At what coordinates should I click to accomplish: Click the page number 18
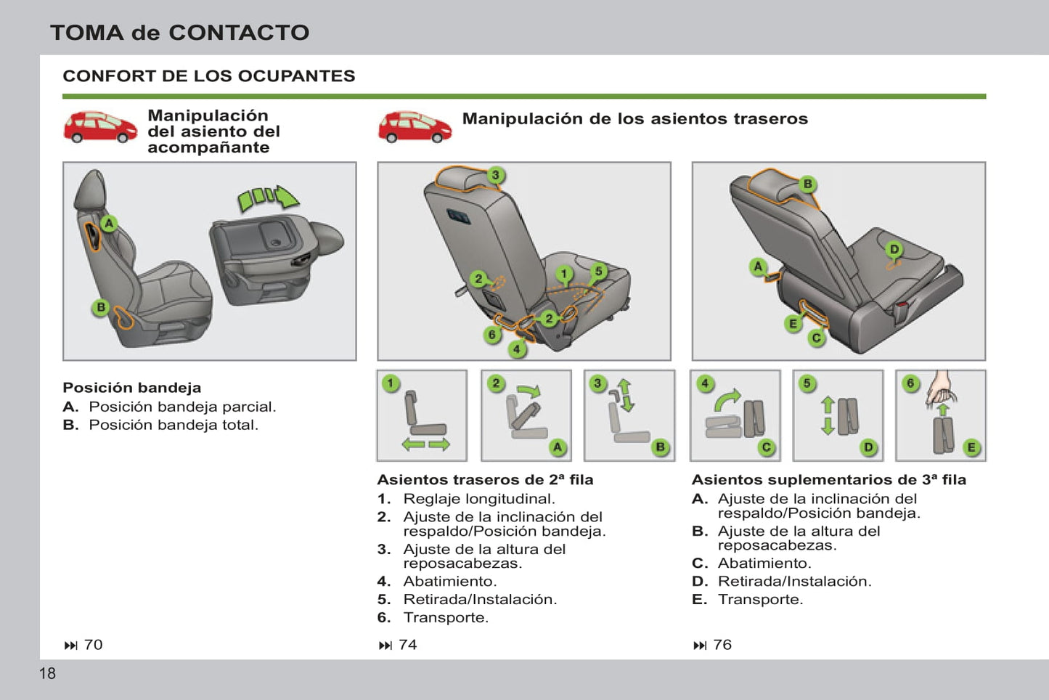(47, 673)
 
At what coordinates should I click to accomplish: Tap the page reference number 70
(93, 645)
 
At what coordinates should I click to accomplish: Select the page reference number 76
(722, 645)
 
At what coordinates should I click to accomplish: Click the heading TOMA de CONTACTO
(179, 33)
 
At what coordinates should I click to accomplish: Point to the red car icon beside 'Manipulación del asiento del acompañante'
(100, 127)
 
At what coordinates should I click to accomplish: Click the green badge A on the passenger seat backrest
(109, 224)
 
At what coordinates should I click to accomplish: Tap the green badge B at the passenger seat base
(102, 308)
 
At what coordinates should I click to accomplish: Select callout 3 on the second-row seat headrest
(495, 175)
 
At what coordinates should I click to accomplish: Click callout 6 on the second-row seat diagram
(492, 335)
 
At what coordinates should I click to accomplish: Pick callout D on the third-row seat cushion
(894, 250)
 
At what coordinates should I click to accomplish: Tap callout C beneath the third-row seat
(817, 338)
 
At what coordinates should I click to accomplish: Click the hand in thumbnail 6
(942, 388)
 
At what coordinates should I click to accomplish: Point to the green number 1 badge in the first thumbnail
(391, 383)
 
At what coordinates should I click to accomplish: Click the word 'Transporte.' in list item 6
(446, 618)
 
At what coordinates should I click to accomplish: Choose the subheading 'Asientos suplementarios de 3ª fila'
(828, 480)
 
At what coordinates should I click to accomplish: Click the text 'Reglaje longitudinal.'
(479, 499)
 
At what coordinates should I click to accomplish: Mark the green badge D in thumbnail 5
(868, 447)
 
